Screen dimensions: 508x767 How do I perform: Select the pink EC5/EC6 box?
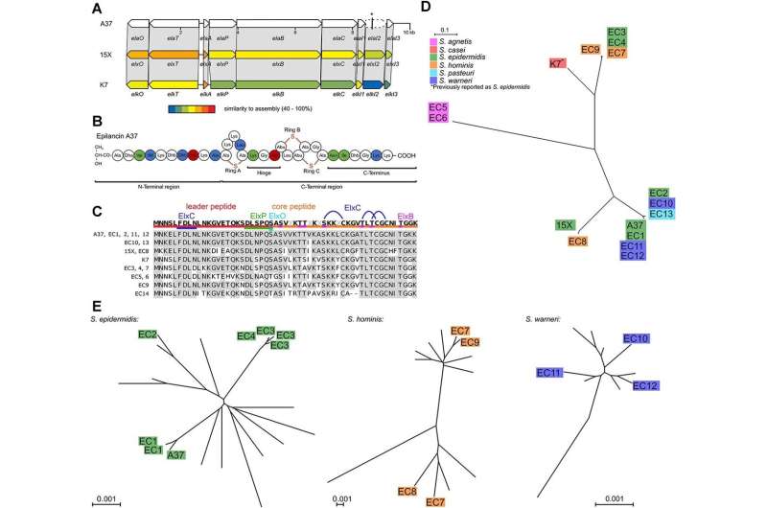440,112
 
